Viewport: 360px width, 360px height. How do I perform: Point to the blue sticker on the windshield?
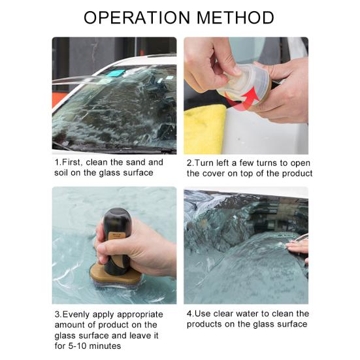click(x=116, y=73)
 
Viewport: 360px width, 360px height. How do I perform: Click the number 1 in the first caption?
click(x=57, y=162)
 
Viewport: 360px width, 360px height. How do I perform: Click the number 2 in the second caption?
click(x=189, y=162)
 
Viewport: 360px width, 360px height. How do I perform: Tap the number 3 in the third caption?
click(x=57, y=314)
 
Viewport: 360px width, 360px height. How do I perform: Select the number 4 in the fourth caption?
click(x=189, y=314)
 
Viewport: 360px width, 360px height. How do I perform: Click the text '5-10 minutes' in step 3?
click(x=95, y=346)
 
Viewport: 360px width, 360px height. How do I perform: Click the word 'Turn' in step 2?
click(x=206, y=162)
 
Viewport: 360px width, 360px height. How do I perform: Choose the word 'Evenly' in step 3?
click(x=77, y=314)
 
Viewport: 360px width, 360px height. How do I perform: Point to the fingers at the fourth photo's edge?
click(x=299, y=247)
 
